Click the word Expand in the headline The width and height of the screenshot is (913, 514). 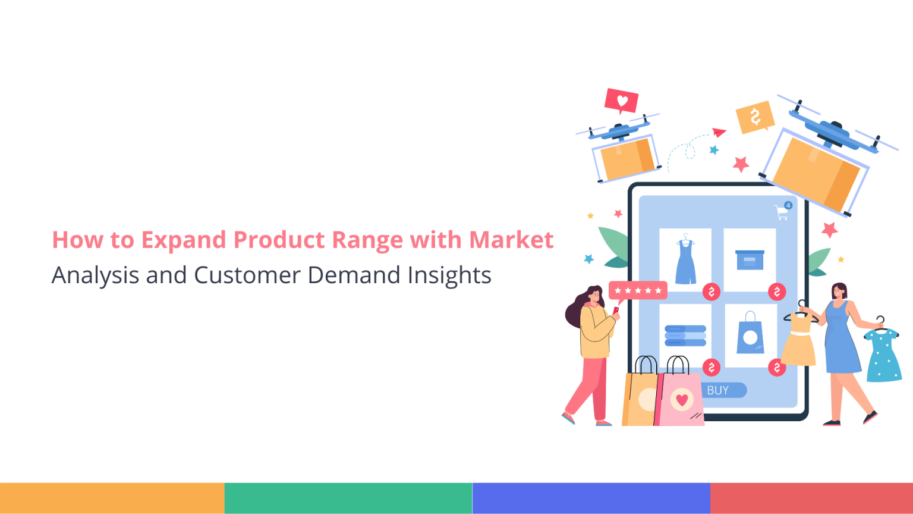click(184, 240)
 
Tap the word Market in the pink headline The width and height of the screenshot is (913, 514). click(511, 240)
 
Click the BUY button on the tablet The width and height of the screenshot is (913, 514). click(719, 390)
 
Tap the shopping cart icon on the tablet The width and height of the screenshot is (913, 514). click(782, 212)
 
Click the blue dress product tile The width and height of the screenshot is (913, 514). click(685, 260)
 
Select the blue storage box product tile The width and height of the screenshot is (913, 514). click(750, 260)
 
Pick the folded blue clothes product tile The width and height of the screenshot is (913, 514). click(685, 336)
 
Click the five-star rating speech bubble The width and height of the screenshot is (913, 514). click(638, 291)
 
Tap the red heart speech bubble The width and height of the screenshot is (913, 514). click(622, 101)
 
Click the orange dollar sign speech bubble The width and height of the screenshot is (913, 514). click(755, 117)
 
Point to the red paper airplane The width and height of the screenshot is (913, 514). click(719, 132)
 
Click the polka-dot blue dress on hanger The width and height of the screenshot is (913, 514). click(883, 354)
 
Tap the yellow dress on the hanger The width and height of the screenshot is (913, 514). click(799, 339)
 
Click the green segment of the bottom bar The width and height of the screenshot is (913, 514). click(348, 498)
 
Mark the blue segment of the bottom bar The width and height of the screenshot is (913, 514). click(591, 498)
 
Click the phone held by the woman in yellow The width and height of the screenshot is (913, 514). click(616, 311)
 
